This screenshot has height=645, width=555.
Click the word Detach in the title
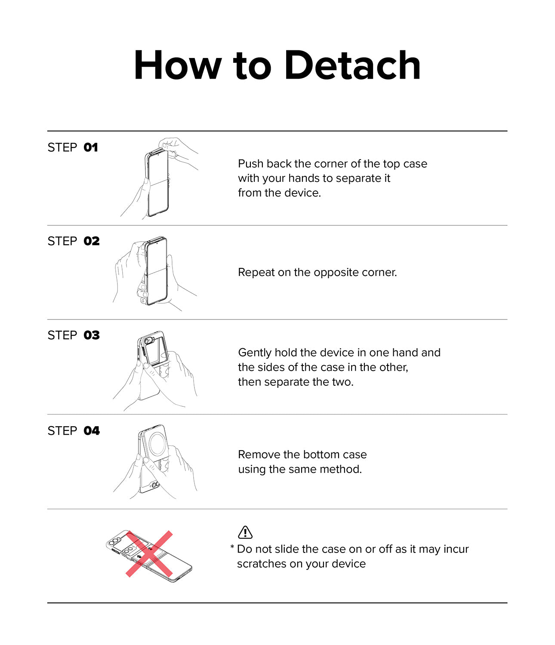coord(352,65)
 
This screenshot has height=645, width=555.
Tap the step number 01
coord(90,147)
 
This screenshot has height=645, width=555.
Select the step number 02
coord(92,241)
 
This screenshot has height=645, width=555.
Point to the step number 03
coord(92,335)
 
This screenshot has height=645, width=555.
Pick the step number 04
coord(92,430)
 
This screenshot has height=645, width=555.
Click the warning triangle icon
coord(245,532)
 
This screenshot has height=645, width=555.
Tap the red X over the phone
coord(149,554)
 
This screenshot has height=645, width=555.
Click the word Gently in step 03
coord(255,353)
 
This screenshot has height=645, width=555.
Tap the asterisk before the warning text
coord(232,547)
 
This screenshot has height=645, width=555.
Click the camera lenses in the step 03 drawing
coord(148,341)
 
